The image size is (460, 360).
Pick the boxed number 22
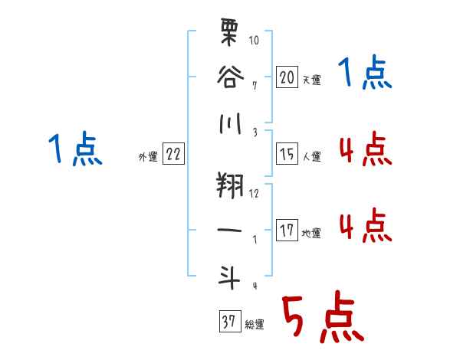pos(173,154)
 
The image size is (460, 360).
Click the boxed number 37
pos(228,321)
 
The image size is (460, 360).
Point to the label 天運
pos(311,80)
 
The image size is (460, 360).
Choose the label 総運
pos(254,324)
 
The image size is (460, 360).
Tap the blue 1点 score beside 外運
pos(74,150)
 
